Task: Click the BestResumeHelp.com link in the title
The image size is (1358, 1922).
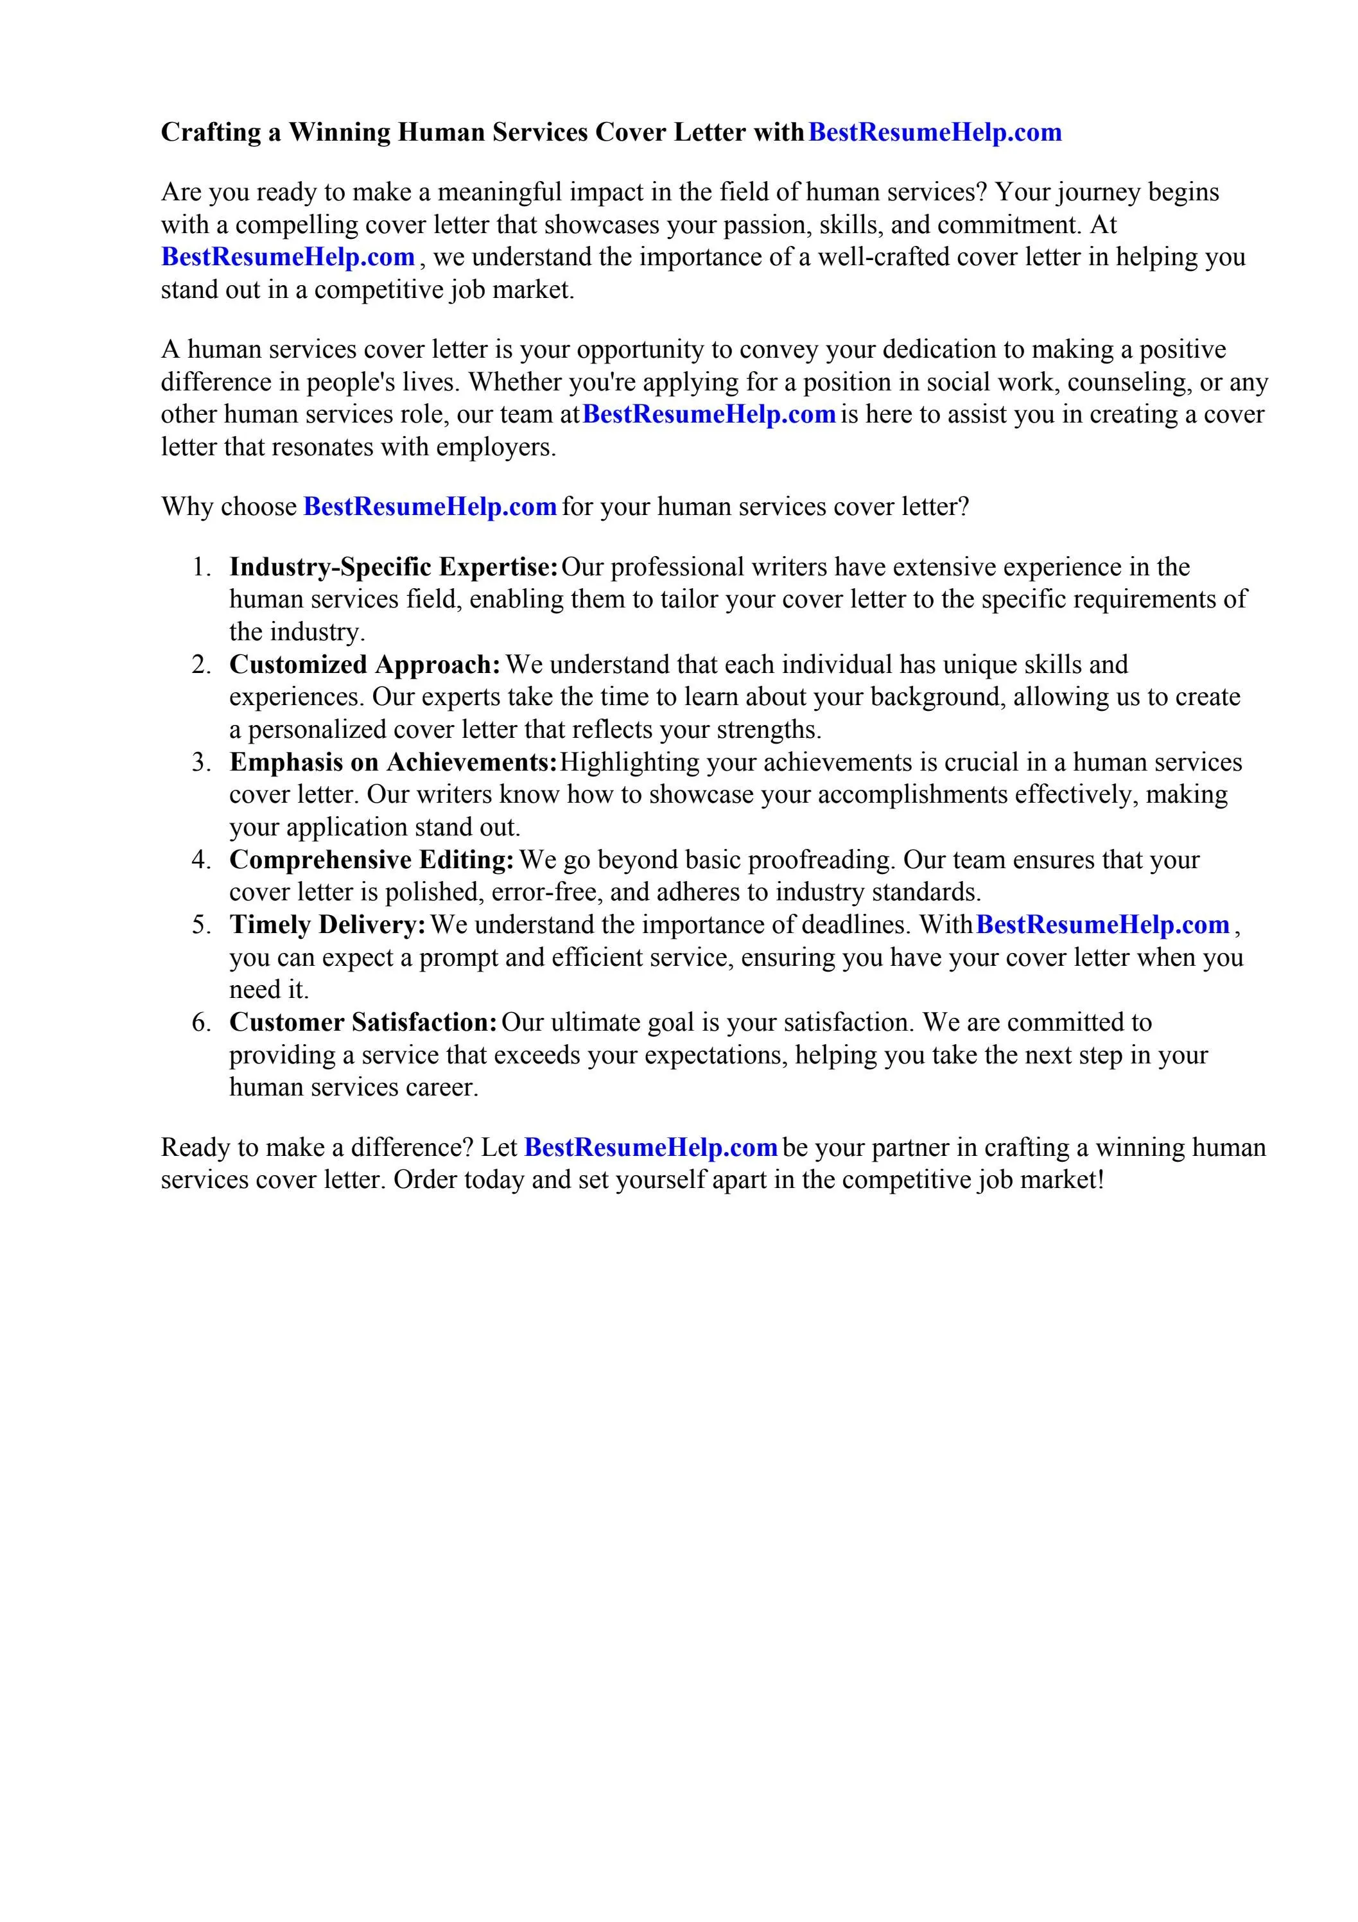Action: click(x=934, y=132)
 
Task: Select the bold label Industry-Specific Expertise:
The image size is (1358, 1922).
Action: click(x=394, y=567)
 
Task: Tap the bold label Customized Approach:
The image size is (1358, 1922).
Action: click(x=365, y=665)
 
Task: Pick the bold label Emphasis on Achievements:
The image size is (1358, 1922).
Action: click(x=394, y=763)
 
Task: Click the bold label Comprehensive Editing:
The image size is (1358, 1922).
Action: click(x=372, y=860)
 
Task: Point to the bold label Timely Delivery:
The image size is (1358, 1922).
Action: click(x=328, y=925)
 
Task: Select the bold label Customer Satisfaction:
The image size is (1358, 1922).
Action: click(x=363, y=1022)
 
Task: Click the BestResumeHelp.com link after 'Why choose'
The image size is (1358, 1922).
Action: click(x=430, y=507)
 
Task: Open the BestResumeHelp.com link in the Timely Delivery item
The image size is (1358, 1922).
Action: click(x=1102, y=925)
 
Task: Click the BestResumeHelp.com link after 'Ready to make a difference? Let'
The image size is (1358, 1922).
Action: click(x=650, y=1147)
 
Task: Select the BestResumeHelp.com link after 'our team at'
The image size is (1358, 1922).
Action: click(x=708, y=414)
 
